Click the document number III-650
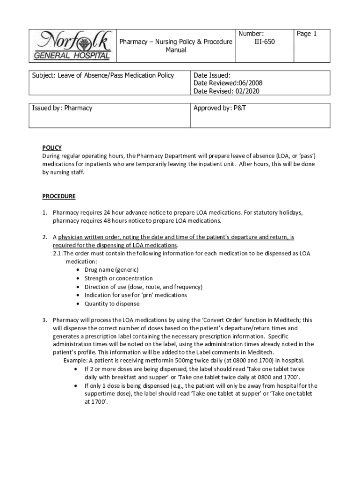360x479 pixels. [x=264, y=42]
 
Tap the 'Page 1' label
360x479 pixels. [x=307, y=34]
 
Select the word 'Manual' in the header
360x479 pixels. [x=176, y=50]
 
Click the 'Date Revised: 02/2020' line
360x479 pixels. [x=226, y=91]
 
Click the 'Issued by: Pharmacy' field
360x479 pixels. [x=62, y=108]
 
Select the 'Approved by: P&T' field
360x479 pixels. [x=220, y=108]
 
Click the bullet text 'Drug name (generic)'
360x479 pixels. [x=111, y=270]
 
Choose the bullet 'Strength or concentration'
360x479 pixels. [x=118, y=278]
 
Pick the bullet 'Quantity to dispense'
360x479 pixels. [x=112, y=304]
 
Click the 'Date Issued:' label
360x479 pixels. [x=212, y=75]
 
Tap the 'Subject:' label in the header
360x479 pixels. [x=44, y=75]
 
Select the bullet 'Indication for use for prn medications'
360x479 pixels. [x=136, y=295]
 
